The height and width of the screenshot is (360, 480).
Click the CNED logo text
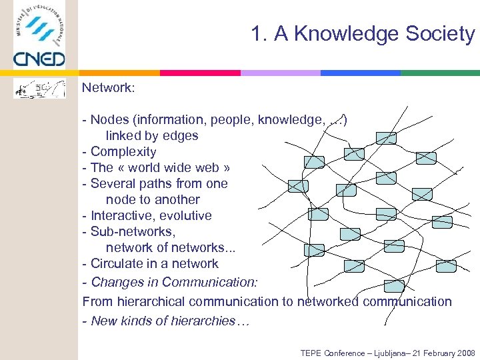coord(39,59)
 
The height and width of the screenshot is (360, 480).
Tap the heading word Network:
coord(109,88)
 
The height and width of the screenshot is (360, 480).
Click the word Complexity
coord(123,151)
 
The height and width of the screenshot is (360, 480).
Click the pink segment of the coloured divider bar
coord(200,73)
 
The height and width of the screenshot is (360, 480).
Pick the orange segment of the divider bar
coord(120,73)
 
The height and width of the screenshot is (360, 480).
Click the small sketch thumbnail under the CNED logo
coord(40,88)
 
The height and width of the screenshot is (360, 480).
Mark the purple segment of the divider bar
coord(280,73)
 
